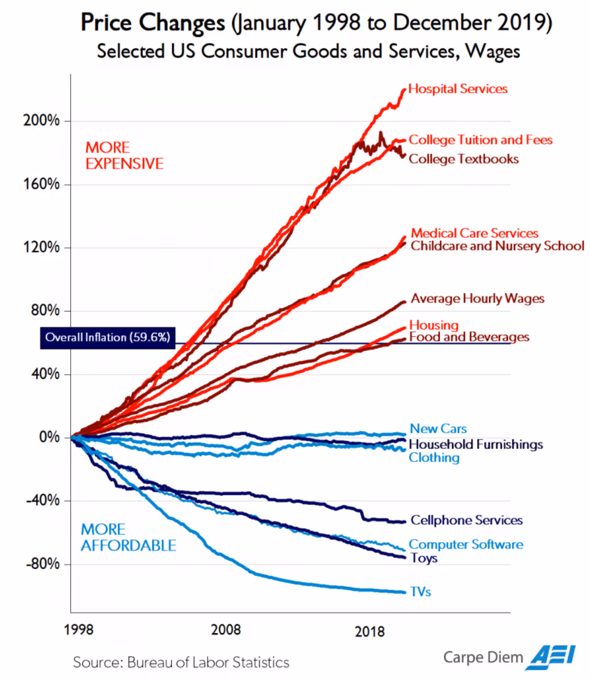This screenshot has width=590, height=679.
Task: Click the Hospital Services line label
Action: pyautogui.click(x=458, y=89)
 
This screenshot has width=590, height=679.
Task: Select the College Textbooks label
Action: pyautogui.click(x=463, y=159)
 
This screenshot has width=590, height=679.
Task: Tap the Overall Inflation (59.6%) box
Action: pyautogui.click(x=108, y=337)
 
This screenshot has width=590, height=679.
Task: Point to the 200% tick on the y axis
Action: pyautogui.click(x=41, y=121)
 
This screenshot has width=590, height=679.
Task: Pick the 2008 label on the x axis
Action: pyautogui.click(x=226, y=630)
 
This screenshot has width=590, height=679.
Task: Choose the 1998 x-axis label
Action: pyautogui.click(x=79, y=630)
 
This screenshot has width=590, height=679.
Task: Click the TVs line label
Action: pyautogui.click(x=420, y=592)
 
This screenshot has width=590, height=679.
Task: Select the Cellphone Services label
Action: pyautogui.click(x=467, y=520)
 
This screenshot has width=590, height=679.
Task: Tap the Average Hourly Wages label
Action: pyautogui.click(x=477, y=299)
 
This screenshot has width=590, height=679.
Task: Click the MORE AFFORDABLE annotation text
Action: pyautogui.click(x=128, y=537)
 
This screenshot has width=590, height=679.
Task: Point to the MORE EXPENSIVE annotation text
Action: pyautogui.click(x=124, y=156)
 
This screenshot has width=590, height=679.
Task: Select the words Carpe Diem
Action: pyautogui.click(x=483, y=657)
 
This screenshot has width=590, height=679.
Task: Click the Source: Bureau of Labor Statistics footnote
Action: pyautogui.click(x=181, y=663)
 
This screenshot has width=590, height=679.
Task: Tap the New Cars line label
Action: pyautogui.click(x=438, y=429)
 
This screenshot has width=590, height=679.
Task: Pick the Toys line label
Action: pyautogui.click(x=424, y=558)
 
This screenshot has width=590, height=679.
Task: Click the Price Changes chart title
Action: pyautogui.click(x=316, y=23)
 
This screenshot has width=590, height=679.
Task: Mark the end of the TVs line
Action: pyautogui.click(x=405, y=592)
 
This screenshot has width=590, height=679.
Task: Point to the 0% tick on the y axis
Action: pyautogui.click(x=49, y=437)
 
